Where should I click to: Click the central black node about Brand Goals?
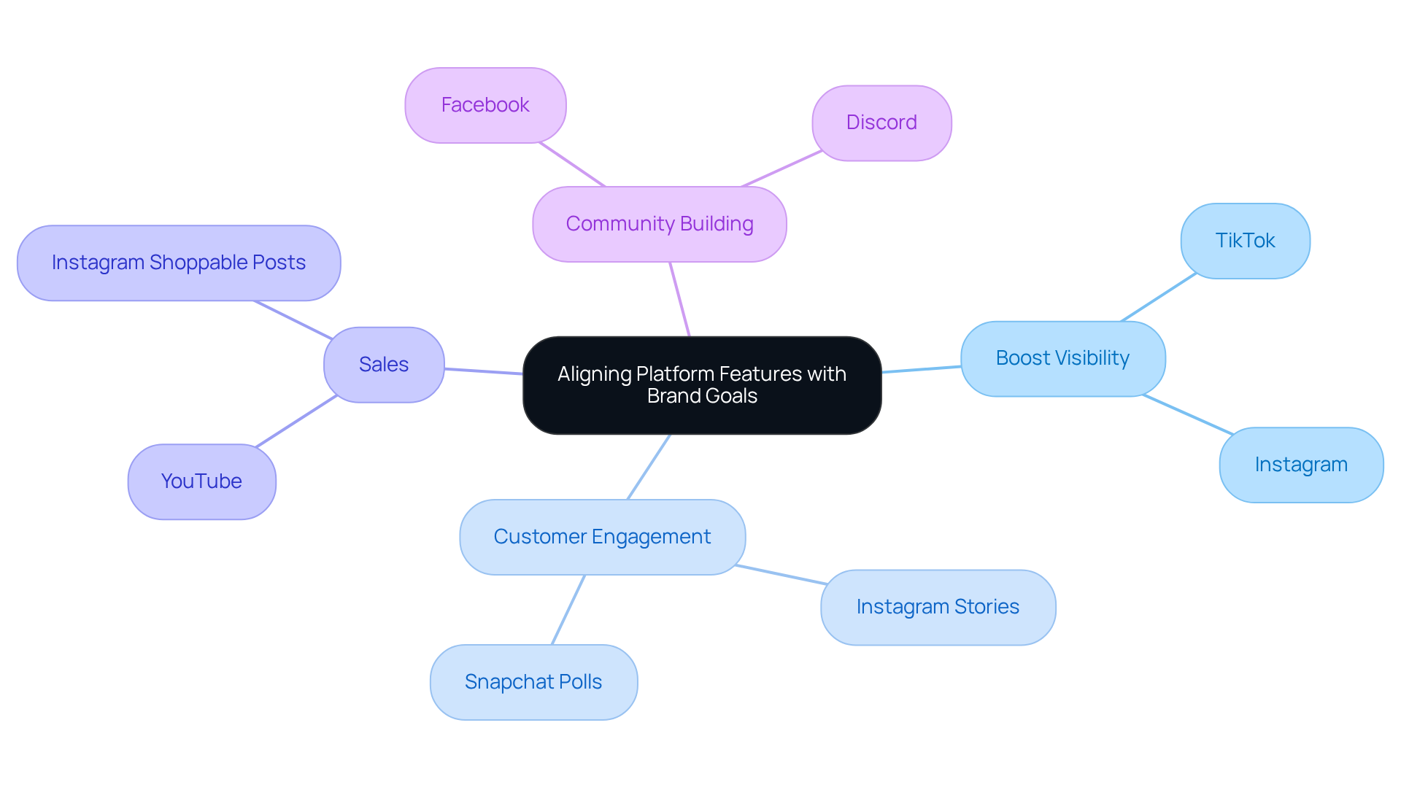click(x=702, y=385)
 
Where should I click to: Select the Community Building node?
click(x=660, y=224)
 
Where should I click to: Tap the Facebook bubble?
click(x=485, y=105)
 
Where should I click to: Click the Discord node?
click(x=881, y=123)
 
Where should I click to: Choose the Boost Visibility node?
click(x=1062, y=358)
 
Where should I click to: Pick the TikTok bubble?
click(x=1245, y=241)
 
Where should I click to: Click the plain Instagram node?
click(x=1301, y=465)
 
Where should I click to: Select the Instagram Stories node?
click(x=938, y=607)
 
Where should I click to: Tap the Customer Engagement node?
click(x=602, y=537)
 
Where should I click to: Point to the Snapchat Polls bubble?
click(x=533, y=682)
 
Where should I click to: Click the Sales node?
click(x=384, y=365)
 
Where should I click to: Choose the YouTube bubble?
click(x=201, y=481)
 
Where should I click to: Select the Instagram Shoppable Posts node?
click(x=179, y=263)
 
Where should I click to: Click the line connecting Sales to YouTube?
click(x=296, y=421)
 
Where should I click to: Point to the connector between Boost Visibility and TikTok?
click(x=1159, y=298)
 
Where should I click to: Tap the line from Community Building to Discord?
click(x=781, y=169)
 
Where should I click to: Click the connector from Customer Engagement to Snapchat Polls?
click(x=568, y=610)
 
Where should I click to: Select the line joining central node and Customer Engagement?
click(x=649, y=467)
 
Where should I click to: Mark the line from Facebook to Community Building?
click(x=572, y=165)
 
